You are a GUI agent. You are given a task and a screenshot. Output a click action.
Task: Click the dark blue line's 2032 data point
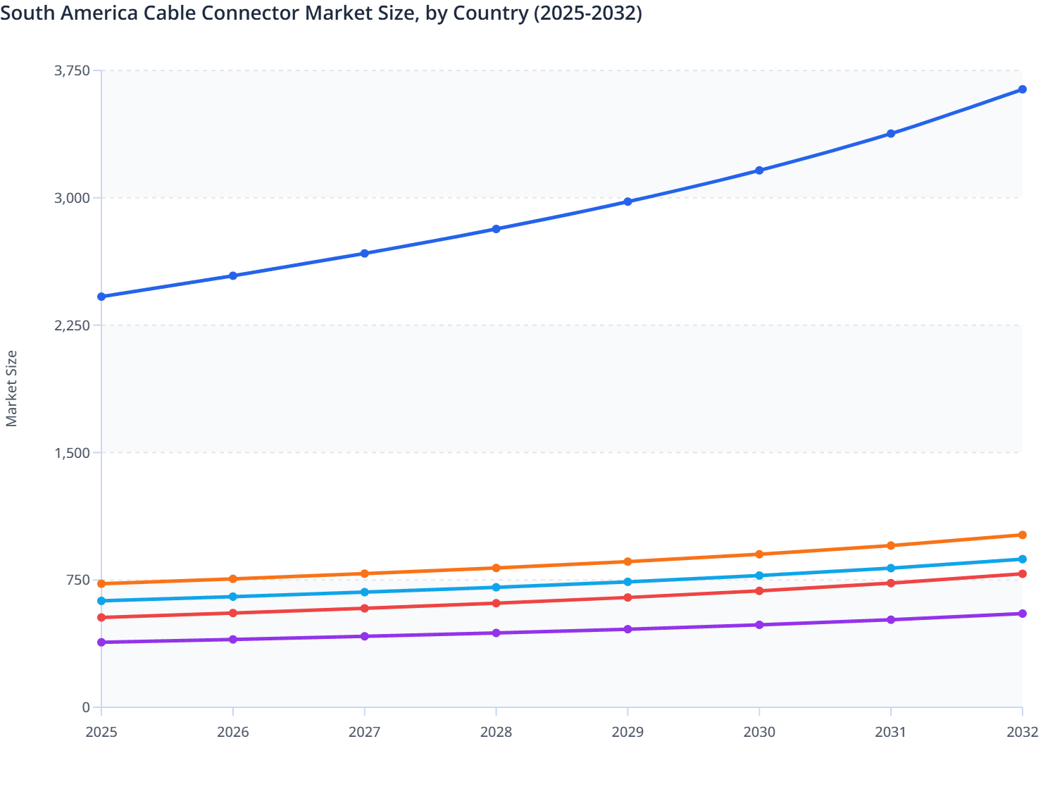pyautogui.click(x=1022, y=89)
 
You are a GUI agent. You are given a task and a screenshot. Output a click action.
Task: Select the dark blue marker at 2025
pyautogui.click(x=101, y=297)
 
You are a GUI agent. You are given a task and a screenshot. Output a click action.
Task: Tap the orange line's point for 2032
pyautogui.click(x=1022, y=535)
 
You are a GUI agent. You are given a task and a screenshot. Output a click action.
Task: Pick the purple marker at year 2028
pyautogui.click(x=496, y=633)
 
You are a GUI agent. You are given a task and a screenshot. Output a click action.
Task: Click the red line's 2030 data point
pyautogui.click(x=759, y=591)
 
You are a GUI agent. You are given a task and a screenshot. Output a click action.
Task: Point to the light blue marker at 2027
pyautogui.click(x=365, y=592)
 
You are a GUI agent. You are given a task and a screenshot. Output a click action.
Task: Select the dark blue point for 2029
pyautogui.click(x=627, y=202)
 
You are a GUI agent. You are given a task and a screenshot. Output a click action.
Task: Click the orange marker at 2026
pyautogui.click(x=233, y=579)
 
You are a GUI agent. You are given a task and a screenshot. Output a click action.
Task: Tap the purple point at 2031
pyautogui.click(x=891, y=620)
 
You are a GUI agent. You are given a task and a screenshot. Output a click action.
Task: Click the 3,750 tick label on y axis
pyautogui.click(x=72, y=70)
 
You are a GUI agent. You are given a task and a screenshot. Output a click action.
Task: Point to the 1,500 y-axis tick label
pyautogui.click(x=72, y=453)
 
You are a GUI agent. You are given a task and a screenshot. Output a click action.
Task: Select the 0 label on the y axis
pyautogui.click(x=86, y=707)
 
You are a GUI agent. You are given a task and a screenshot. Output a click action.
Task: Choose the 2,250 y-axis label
pyautogui.click(x=72, y=325)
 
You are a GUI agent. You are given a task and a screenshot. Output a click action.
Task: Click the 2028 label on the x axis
pyautogui.click(x=496, y=733)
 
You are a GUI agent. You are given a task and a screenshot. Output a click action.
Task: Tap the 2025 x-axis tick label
pyautogui.click(x=101, y=733)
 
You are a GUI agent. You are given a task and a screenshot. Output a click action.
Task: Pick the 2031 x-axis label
pyautogui.click(x=891, y=733)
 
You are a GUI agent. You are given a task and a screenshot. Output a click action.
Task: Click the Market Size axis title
pyautogui.click(x=11, y=388)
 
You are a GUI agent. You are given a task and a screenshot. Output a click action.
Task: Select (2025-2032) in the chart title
pyautogui.click(x=587, y=13)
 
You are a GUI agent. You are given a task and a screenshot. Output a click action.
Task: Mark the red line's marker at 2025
pyautogui.click(x=101, y=618)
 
